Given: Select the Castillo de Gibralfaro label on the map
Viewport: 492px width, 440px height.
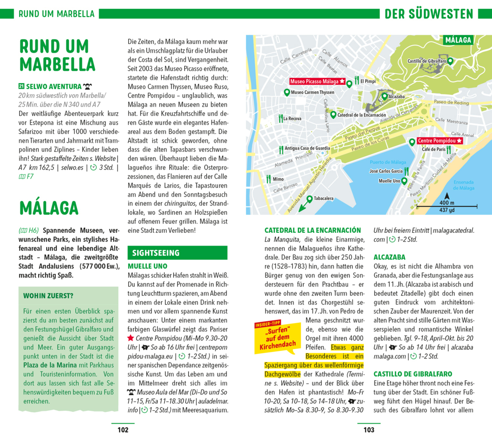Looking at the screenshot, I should pyautogui.click(x=426, y=61).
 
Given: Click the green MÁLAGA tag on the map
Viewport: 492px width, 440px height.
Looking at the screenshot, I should pyautogui.click(x=458, y=40).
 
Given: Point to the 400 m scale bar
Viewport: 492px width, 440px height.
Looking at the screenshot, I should pyautogui.click(x=447, y=205).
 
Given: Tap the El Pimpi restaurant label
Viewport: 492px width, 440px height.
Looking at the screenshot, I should pyautogui.click(x=368, y=81).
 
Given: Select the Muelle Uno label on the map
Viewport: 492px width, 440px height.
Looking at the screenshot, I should pyautogui.click(x=389, y=181).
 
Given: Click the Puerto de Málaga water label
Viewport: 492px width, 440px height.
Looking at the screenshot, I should pyautogui.click(x=388, y=162).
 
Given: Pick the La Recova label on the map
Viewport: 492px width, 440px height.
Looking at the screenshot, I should pyautogui.click(x=292, y=118).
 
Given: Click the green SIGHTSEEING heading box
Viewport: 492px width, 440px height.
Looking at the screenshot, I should pyautogui.click(x=159, y=253).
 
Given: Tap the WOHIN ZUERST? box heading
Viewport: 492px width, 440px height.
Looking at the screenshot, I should pyautogui.click(x=48, y=296).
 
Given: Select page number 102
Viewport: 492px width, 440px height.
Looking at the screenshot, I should pyautogui.click(x=123, y=430).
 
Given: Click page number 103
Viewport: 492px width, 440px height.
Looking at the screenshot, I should pyautogui.click(x=369, y=430).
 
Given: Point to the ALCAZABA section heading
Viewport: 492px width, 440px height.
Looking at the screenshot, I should pyautogui.click(x=389, y=257).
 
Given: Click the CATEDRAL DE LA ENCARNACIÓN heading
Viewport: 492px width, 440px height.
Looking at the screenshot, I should pyautogui.click(x=312, y=230).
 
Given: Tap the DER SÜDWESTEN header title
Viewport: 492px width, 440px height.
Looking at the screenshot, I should pyautogui.click(x=429, y=14).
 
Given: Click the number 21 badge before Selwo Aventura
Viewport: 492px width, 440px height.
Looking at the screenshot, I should pyautogui.click(x=21, y=87).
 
